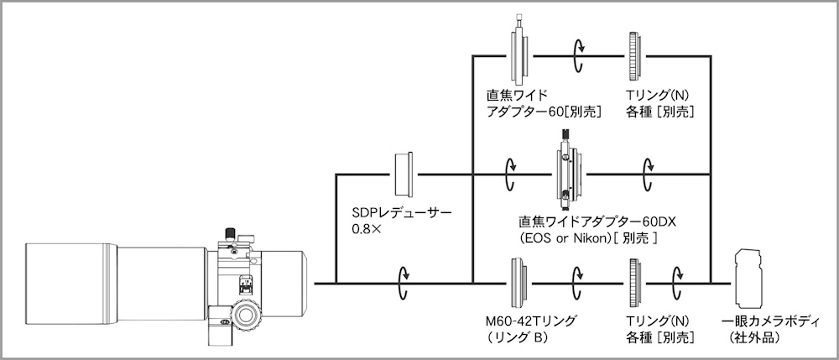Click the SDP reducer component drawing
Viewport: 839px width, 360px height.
click(404, 175)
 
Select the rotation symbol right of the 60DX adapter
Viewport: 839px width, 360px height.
click(648, 175)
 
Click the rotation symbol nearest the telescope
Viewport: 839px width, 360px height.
click(404, 284)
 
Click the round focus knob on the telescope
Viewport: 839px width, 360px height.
click(246, 316)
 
